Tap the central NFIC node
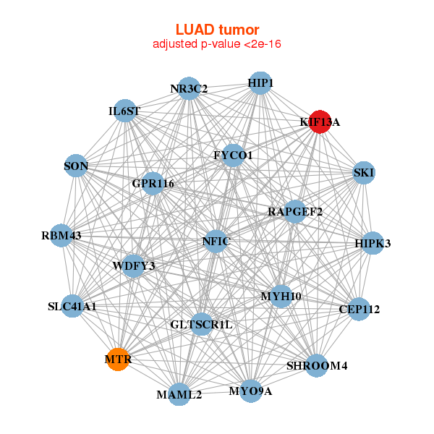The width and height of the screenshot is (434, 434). (x=216, y=241)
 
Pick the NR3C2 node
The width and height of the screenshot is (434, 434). (x=189, y=88)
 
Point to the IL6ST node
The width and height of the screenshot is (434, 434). (x=125, y=111)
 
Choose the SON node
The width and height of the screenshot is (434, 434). (x=76, y=166)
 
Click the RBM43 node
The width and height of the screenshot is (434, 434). (x=61, y=236)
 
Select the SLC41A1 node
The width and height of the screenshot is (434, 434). (x=72, y=306)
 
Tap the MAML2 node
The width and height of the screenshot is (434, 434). (x=179, y=394)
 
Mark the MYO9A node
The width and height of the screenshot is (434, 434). (x=250, y=391)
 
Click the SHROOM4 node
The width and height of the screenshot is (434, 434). (x=317, y=365)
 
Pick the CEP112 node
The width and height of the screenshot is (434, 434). (x=359, y=309)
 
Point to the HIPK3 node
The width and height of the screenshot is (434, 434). (x=372, y=243)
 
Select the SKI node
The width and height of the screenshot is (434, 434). (x=363, y=172)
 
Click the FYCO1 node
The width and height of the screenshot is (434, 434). (x=233, y=155)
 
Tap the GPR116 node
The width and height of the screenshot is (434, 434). (x=153, y=183)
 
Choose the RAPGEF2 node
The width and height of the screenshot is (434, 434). (x=294, y=211)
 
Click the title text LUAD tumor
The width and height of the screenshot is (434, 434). (x=217, y=30)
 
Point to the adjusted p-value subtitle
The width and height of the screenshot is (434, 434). (x=217, y=44)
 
